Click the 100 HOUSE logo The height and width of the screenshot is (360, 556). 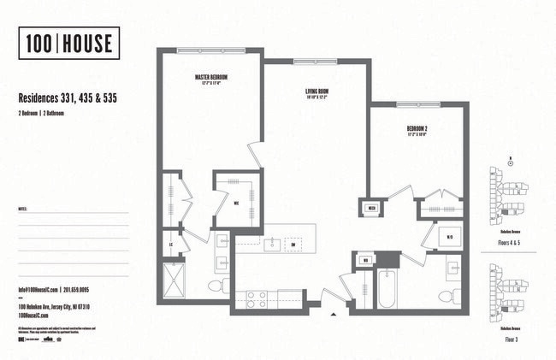coord(68,44)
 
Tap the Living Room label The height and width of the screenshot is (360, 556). coord(317,93)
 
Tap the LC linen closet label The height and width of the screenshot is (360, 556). coord(174,244)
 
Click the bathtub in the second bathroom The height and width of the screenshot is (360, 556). coord(387,289)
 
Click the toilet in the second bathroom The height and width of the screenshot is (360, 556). coord(447,295)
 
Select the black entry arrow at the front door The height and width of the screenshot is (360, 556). coord(333,315)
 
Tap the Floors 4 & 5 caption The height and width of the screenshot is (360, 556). coord(511,241)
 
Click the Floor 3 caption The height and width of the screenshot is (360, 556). coord(511,339)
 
